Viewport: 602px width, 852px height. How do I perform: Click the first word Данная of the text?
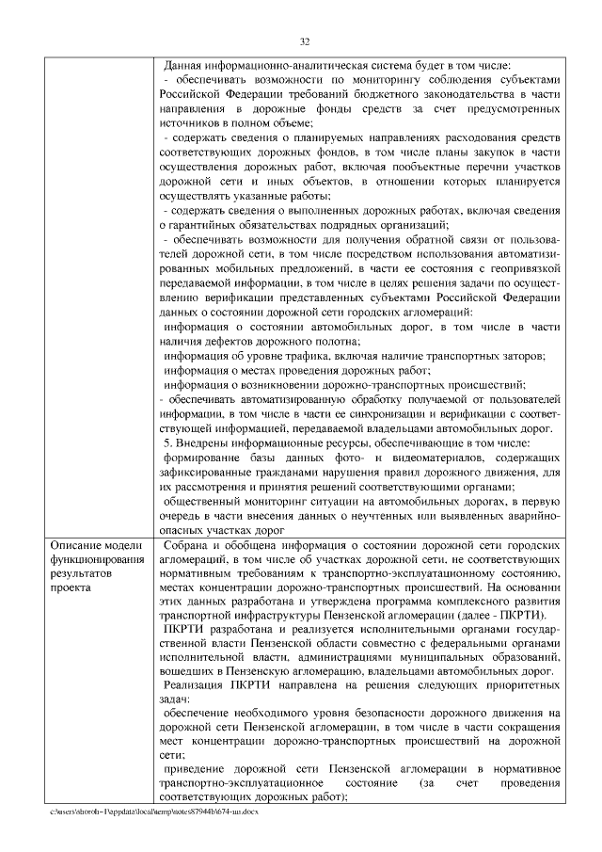click(x=182, y=66)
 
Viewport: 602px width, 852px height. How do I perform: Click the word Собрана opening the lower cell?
click(x=185, y=547)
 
